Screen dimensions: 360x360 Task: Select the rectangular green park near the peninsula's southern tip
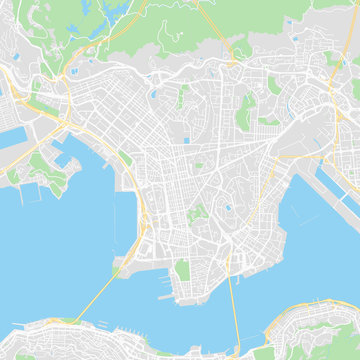(181, 270)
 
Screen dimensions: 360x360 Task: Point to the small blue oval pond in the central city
(227, 209)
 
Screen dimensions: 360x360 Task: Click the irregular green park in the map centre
(197, 213)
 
